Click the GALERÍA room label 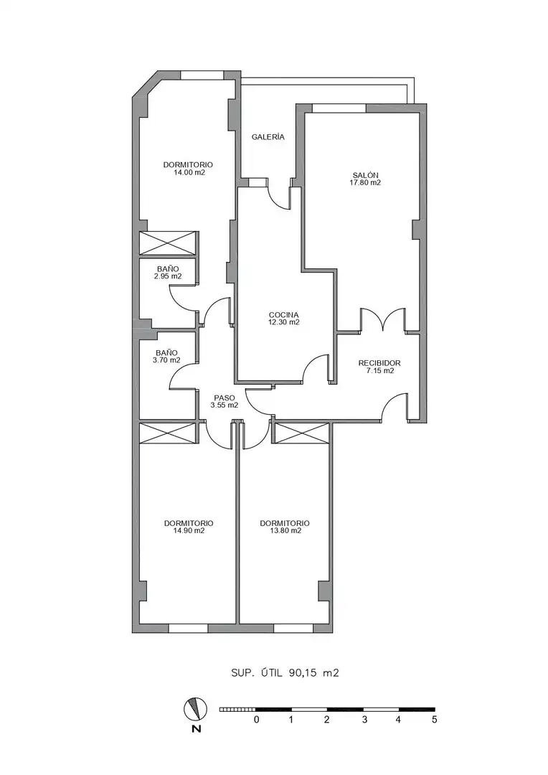click(268, 137)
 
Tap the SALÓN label click(366, 175)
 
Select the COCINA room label click(283, 315)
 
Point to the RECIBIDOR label click(379, 363)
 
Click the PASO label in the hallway click(225, 398)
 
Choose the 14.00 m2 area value click(189, 173)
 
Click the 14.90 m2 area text click(189, 531)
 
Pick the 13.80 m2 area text click(285, 531)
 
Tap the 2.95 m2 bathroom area click(168, 276)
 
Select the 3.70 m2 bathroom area click(166, 360)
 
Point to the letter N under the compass click(197, 728)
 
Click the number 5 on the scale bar click(435, 720)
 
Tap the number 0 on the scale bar click(257, 720)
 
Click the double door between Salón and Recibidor click(384, 319)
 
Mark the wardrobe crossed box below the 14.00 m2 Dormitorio click(168, 243)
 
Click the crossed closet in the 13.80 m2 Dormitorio click(302, 433)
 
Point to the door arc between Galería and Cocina click(279, 194)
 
